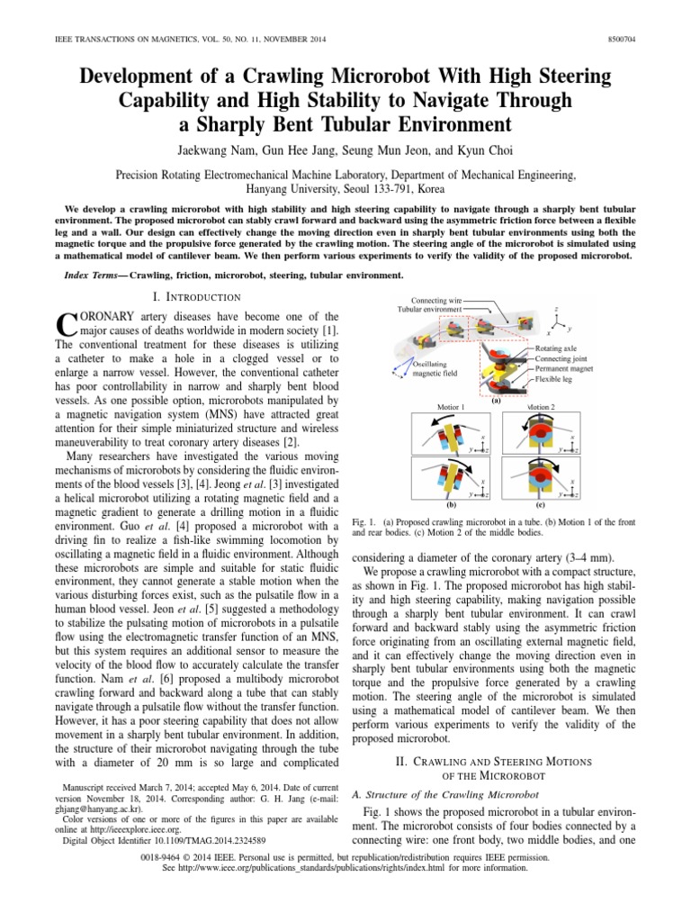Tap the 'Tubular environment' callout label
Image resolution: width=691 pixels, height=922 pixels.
tap(431, 311)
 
